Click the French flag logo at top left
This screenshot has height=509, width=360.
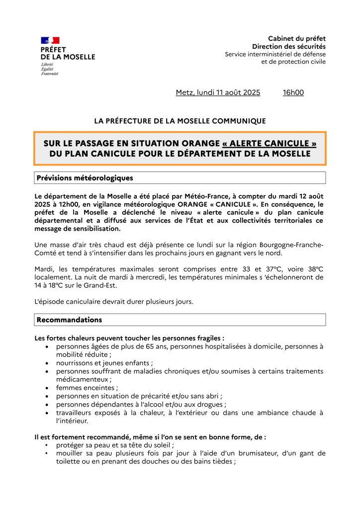(x=50, y=40)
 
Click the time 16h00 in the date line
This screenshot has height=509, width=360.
(x=293, y=92)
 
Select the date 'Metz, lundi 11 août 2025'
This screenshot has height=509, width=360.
(x=218, y=92)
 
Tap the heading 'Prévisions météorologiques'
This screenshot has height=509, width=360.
(x=84, y=177)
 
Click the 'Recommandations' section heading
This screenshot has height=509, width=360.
(x=69, y=320)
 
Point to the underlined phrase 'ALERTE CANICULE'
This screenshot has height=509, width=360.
(x=269, y=143)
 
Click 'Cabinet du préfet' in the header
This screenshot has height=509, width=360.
(x=297, y=38)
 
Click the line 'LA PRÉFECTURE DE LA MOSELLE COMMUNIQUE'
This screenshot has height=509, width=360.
(x=180, y=121)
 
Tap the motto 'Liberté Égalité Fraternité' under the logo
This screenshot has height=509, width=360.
(x=50, y=70)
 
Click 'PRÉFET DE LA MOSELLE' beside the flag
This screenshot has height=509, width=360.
(x=68, y=53)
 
